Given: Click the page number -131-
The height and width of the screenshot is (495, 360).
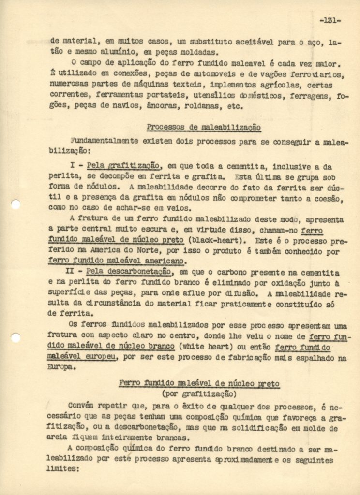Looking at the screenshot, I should (x=330, y=20).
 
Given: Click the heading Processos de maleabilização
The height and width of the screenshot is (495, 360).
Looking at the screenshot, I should (x=204, y=128).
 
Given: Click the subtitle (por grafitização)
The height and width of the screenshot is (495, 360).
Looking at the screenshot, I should (x=199, y=393).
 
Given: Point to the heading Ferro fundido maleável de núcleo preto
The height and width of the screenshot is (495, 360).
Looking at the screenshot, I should (x=199, y=383).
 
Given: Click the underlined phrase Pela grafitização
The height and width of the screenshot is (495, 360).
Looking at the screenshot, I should (x=123, y=165).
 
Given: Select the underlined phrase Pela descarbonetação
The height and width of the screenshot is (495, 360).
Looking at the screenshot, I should (x=128, y=273).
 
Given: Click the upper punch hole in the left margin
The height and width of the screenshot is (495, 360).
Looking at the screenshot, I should (x=15, y=204).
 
